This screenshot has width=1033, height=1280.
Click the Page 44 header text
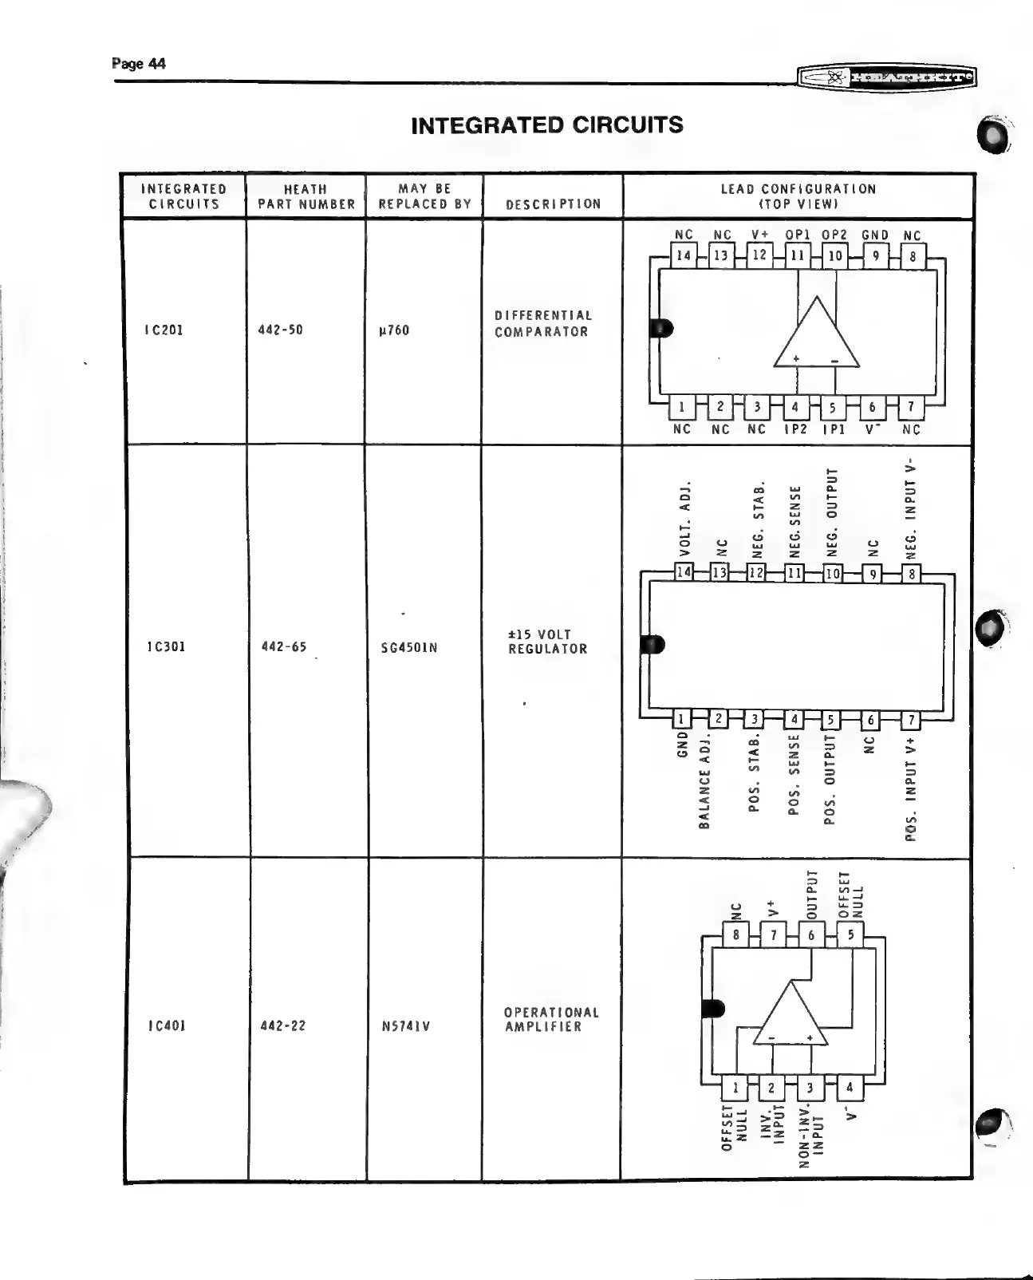[139, 64]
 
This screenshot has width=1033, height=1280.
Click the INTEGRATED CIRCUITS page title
[546, 125]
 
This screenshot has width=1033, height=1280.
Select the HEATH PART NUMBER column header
[306, 196]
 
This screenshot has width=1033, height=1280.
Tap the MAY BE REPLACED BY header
[425, 196]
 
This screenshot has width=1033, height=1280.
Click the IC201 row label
[164, 330]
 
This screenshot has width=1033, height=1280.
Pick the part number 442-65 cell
[284, 646]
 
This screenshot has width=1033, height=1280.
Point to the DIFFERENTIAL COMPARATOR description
[543, 323]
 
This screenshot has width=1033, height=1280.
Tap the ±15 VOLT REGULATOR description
[547, 642]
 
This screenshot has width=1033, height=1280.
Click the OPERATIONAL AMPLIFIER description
[551, 1019]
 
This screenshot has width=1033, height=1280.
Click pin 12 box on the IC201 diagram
[759, 255]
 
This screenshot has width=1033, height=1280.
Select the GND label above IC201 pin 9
[875, 235]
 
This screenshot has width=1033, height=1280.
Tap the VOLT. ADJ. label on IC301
[684, 519]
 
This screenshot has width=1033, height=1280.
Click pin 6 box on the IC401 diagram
[811, 935]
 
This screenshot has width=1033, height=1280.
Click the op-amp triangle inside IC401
[791, 1017]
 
